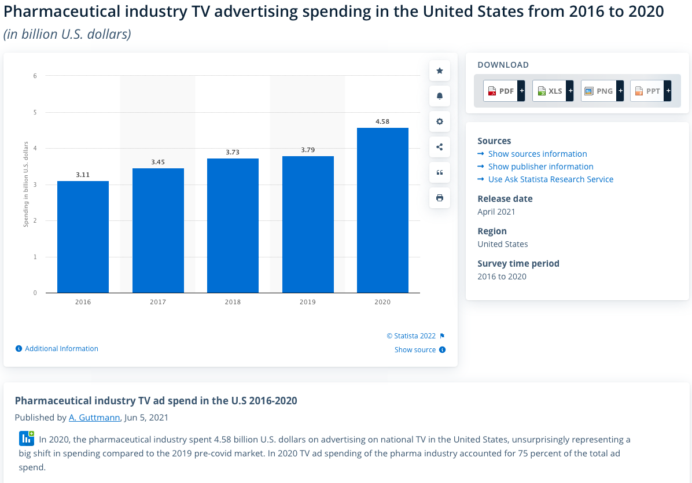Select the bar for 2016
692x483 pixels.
click(x=83, y=237)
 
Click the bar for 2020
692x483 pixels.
click(x=382, y=211)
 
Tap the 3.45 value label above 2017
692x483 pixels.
click(x=158, y=162)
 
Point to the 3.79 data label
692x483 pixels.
click(x=308, y=150)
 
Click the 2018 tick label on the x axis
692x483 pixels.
click(x=233, y=302)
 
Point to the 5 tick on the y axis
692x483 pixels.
click(x=35, y=112)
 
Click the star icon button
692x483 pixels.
click(x=440, y=71)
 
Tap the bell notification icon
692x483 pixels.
click(x=440, y=96)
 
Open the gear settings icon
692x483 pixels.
click(x=440, y=121)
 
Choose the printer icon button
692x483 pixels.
click(x=440, y=198)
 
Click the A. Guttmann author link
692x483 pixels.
click(x=94, y=417)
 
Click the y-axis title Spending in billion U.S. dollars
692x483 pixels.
click(x=25, y=185)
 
